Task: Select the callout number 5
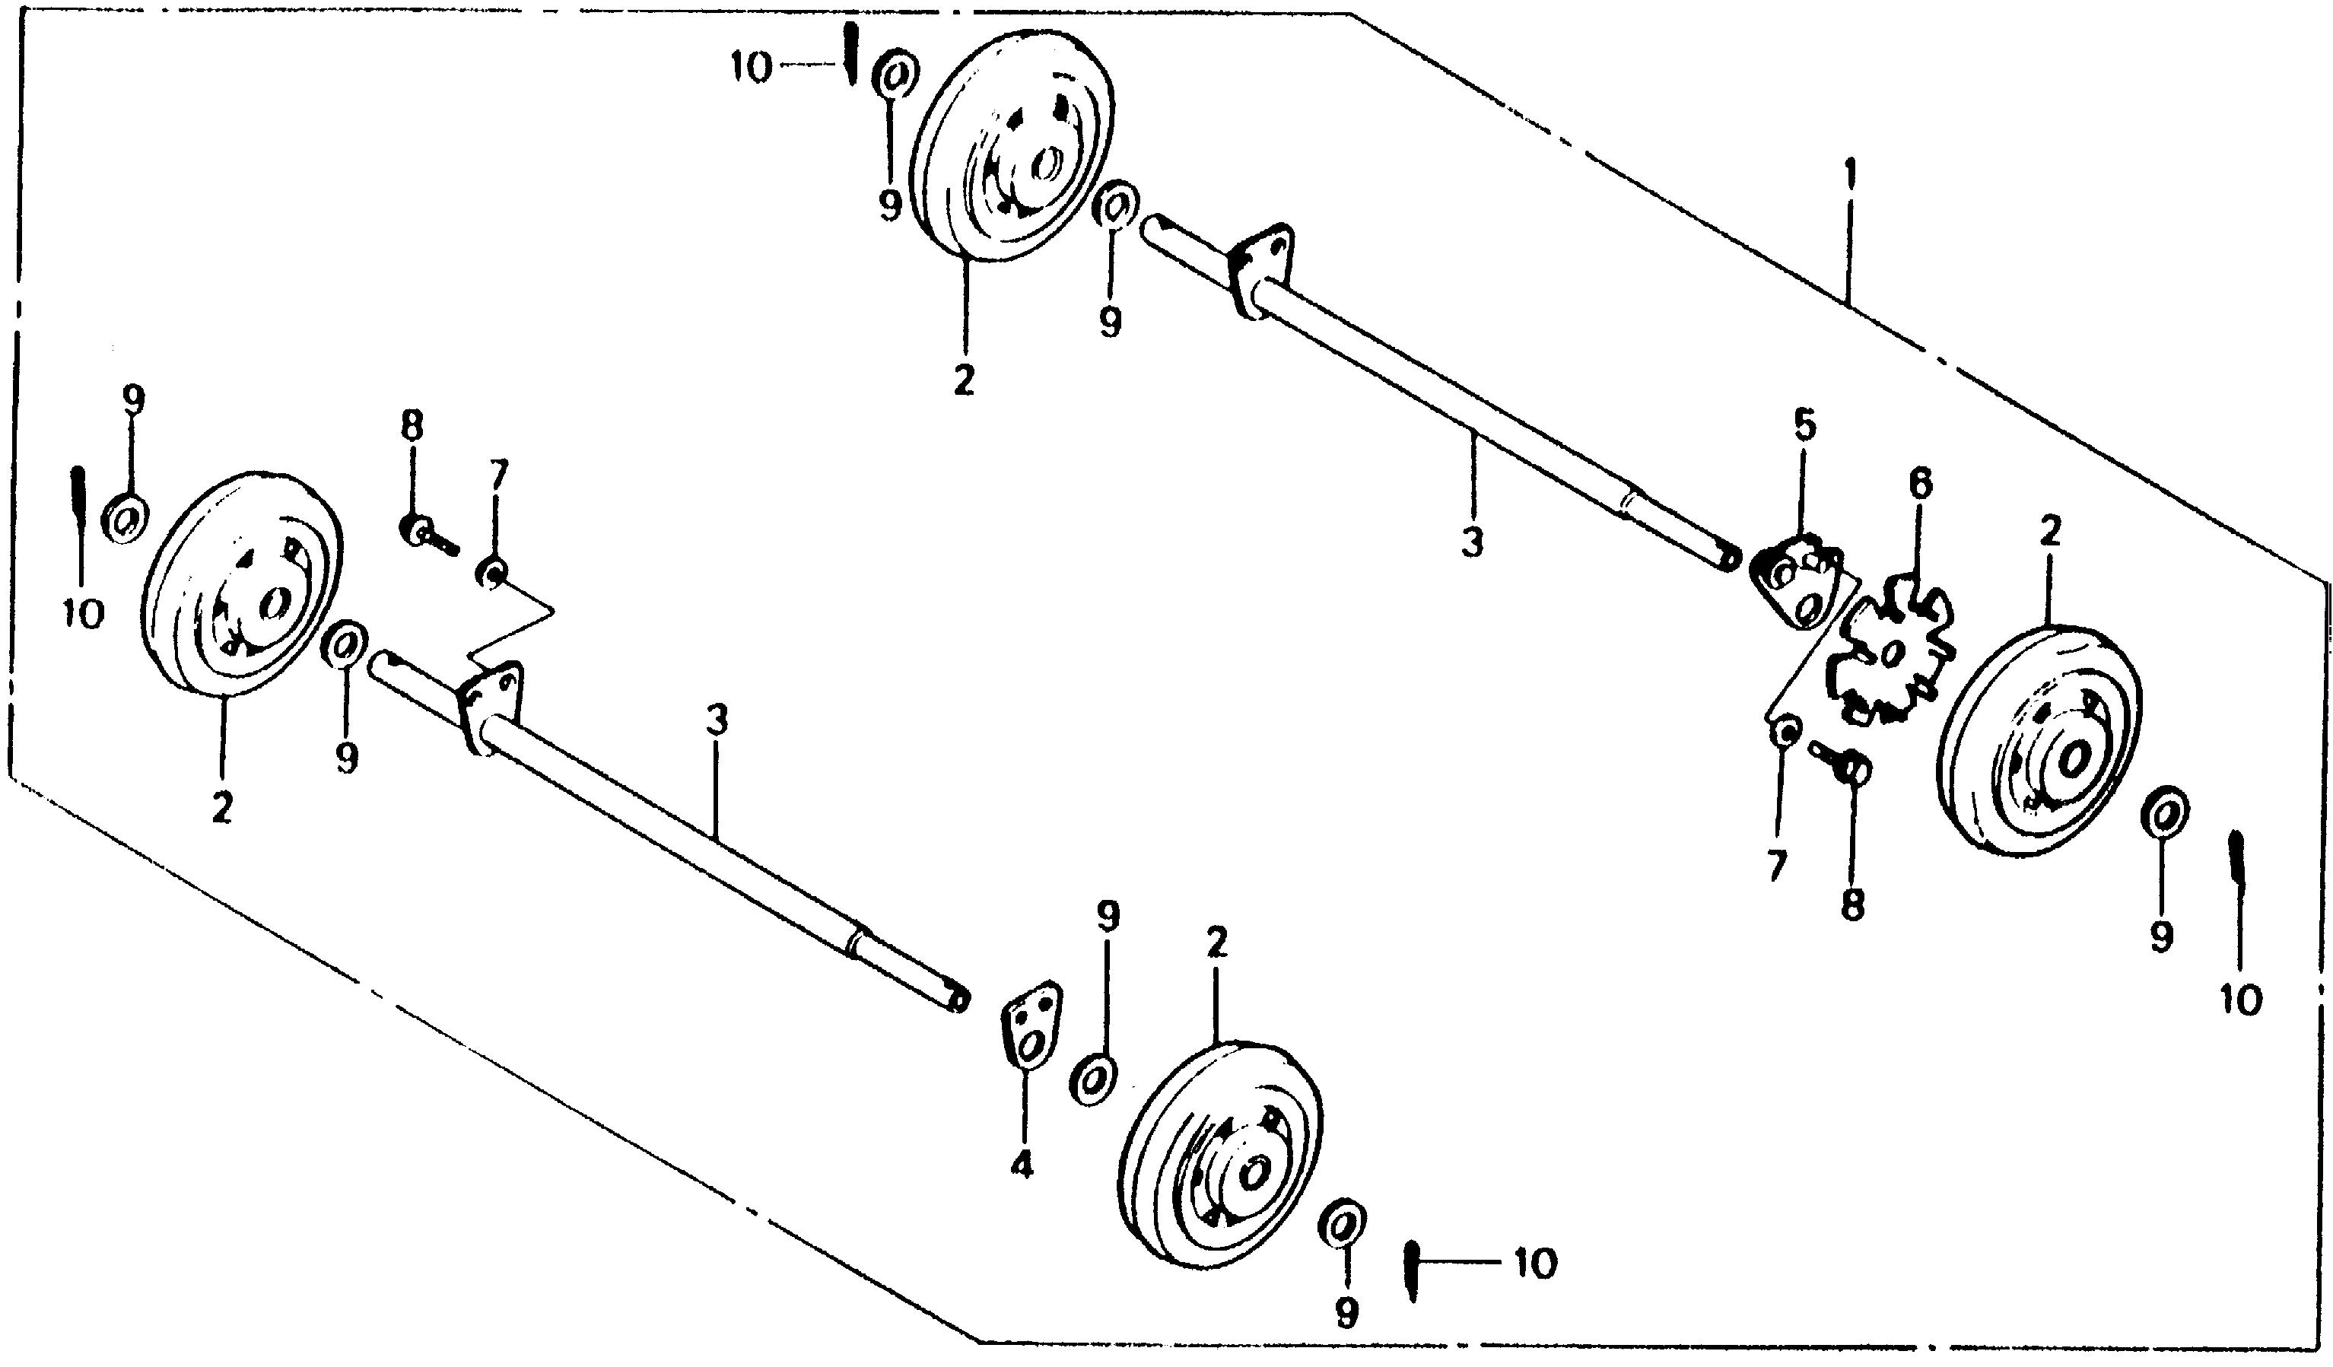coord(1804,427)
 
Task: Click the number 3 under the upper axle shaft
coord(1472,542)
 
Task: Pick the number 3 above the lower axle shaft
coord(717,721)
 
